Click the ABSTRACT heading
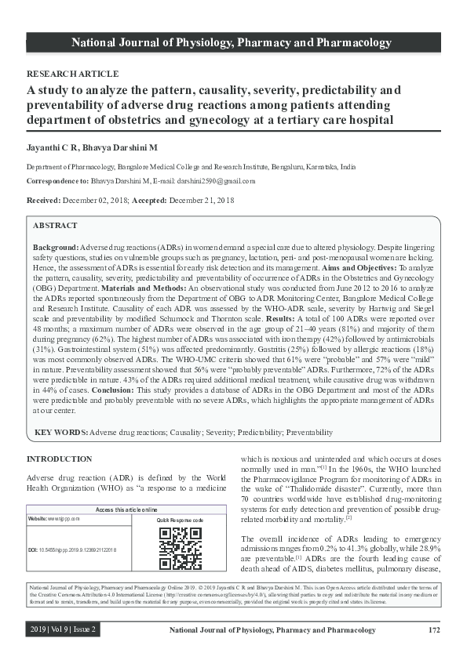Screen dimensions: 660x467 (56, 225)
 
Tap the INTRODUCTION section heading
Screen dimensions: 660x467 (60, 459)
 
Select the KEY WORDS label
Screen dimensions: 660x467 (61, 432)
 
